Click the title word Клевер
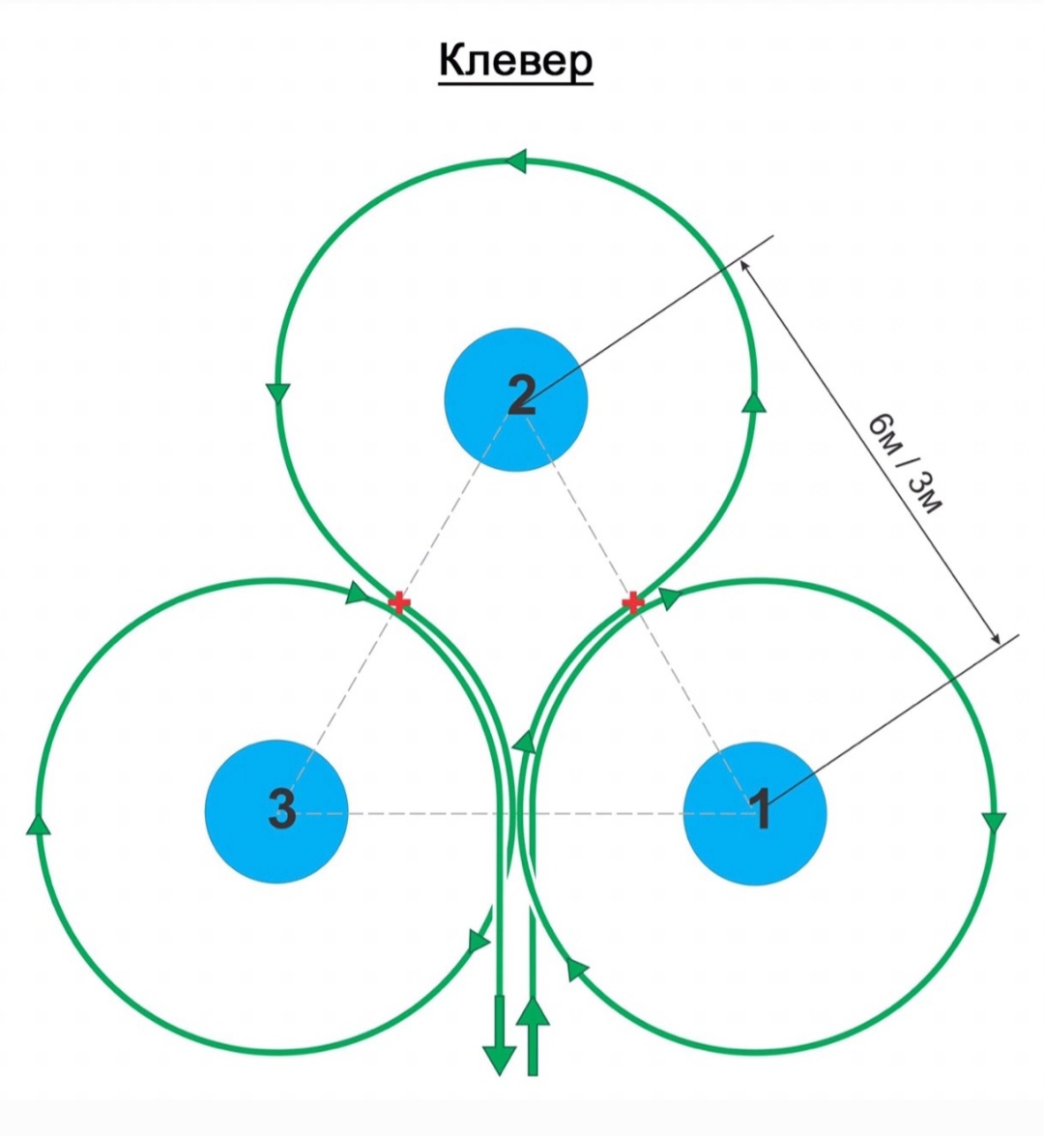tap(515, 61)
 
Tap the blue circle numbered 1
tap(755, 812)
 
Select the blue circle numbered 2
tap(516, 399)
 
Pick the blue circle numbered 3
tap(276, 812)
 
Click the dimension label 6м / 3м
tap(903, 464)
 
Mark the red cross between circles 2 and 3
tap(398, 603)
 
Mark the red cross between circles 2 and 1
tap(632, 603)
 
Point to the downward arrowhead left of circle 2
tap(278, 393)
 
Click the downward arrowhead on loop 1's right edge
tap(994, 823)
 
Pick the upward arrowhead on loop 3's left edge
tap(38, 823)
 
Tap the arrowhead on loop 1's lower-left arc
tap(576, 967)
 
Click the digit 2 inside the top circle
tap(521, 395)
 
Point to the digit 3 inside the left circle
tap(281, 808)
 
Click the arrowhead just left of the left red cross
tap(358, 593)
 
